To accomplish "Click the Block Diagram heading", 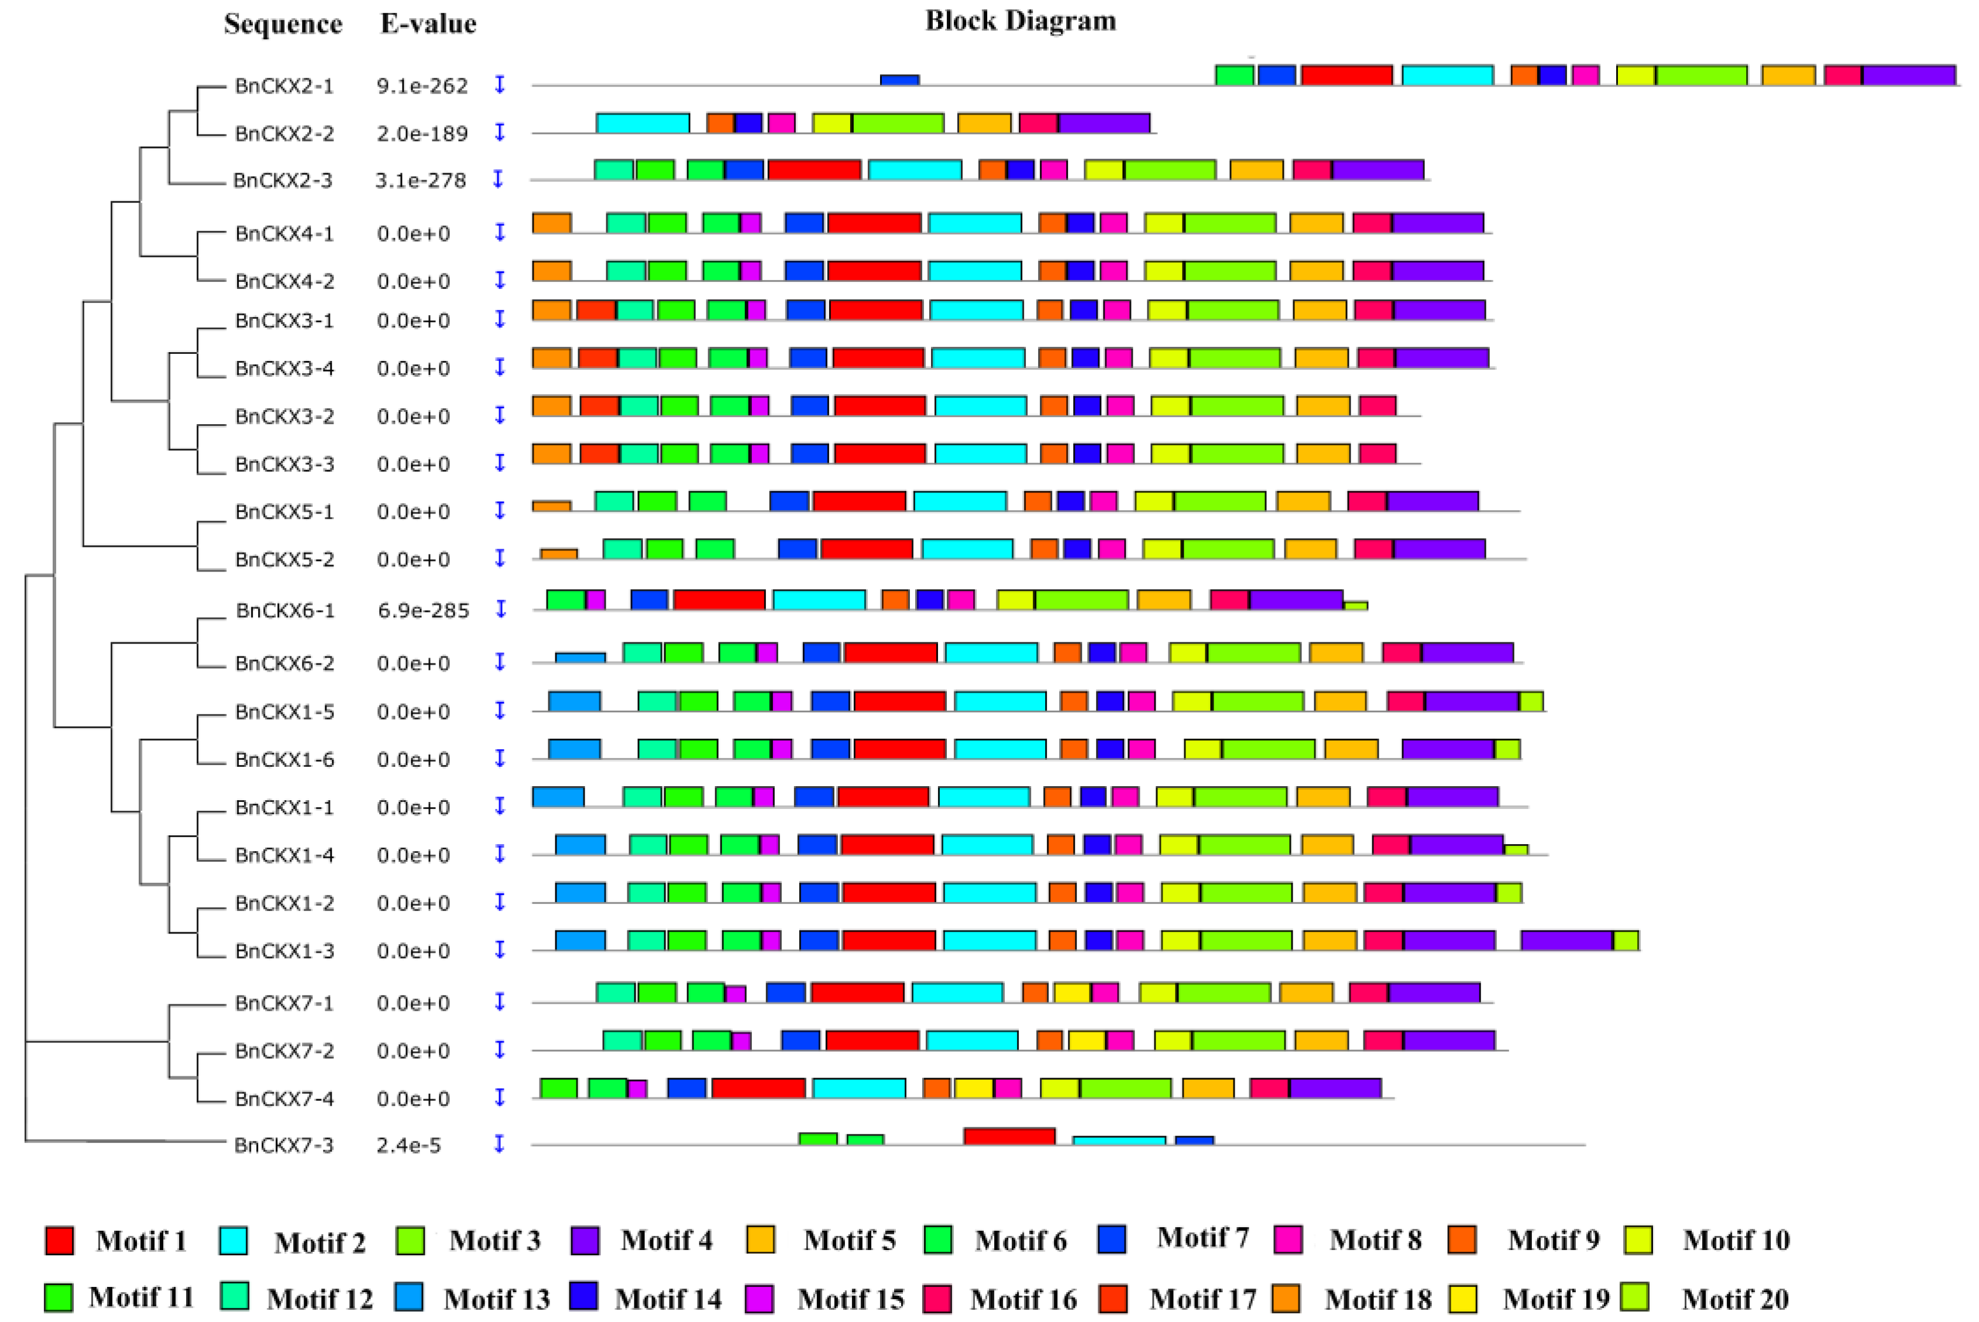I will [x=1021, y=20].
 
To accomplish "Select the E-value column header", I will [x=428, y=23].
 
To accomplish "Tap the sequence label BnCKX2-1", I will [x=284, y=85].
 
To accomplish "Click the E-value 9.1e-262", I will [x=421, y=85].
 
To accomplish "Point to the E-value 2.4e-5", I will [x=408, y=1145].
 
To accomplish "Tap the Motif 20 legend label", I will [x=1736, y=1299].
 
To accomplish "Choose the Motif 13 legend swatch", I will [x=409, y=1297].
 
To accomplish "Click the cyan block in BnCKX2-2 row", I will [x=643, y=123].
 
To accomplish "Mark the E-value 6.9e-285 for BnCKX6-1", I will [x=423, y=611].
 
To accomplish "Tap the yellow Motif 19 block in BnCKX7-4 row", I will [x=973, y=1087].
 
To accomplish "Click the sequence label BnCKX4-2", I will [x=284, y=281].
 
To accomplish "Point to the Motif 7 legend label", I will [x=1202, y=1238].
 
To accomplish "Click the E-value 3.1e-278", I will [x=420, y=180].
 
